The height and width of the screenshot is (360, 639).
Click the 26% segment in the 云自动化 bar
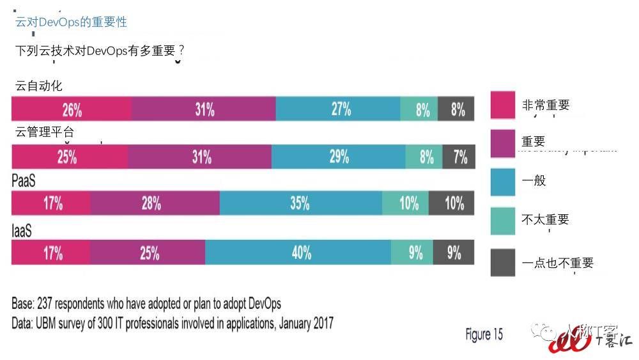click(72, 109)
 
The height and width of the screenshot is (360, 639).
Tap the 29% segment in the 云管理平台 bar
click(338, 157)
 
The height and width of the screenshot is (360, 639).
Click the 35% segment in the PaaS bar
click(300, 204)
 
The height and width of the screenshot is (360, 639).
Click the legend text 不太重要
click(545, 219)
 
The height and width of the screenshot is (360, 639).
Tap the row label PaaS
click(24, 182)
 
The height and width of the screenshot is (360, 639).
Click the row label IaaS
click(22, 231)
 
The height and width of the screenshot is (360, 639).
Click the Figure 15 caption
click(484, 334)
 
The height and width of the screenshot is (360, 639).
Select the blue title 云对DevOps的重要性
click(71, 22)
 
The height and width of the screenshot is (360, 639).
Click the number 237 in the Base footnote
click(47, 303)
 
